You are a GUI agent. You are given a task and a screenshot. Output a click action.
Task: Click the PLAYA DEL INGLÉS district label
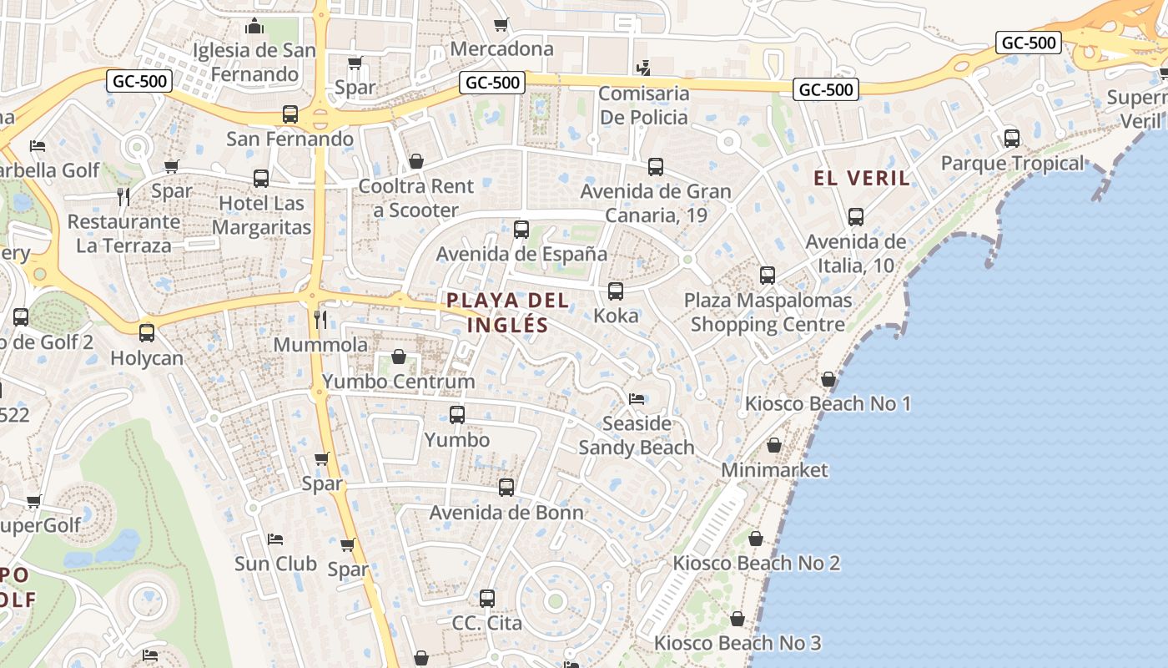(x=507, y=312)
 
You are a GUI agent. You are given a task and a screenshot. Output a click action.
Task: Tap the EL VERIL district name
(x=862, y=178)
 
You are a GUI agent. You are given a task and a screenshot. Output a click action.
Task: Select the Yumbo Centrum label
(x=398, y=382)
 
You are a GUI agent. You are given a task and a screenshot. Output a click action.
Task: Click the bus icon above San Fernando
(x=290, y=114)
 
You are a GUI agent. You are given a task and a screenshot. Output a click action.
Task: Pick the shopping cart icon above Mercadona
(x=501, y=25)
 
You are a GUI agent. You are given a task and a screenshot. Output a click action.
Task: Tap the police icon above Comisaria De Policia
(x=643, y=68)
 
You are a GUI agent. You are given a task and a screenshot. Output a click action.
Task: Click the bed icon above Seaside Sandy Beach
(x=637, y=398)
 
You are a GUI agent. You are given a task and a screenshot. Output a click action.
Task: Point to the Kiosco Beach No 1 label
(x=828, y=404)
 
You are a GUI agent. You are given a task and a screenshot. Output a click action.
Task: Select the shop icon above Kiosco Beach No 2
(x=756, y=539)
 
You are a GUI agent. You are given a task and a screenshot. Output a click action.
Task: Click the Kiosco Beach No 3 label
(x=738, y=643)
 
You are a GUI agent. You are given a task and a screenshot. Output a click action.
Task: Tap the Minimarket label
(x=774, y=470)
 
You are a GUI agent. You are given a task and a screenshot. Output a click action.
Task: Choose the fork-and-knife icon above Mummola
(x=320, y=319)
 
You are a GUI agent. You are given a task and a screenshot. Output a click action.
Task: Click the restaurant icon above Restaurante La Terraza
(x=123, y=196)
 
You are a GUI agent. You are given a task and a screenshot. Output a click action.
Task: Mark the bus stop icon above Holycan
(x=147, y=333)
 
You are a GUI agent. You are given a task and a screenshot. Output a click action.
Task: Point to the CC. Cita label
(x=487, y=623)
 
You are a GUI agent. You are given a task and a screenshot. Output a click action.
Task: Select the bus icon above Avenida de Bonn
(x=506, y=488)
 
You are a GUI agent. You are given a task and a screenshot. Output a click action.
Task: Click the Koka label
(x=616, y=316)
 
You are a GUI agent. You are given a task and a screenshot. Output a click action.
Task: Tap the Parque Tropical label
(x=1012, y=164)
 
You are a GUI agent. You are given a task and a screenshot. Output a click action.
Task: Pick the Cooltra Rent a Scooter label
(x=415, y=198)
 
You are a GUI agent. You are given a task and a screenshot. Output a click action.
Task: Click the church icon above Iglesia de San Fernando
(x=254, y=27)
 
